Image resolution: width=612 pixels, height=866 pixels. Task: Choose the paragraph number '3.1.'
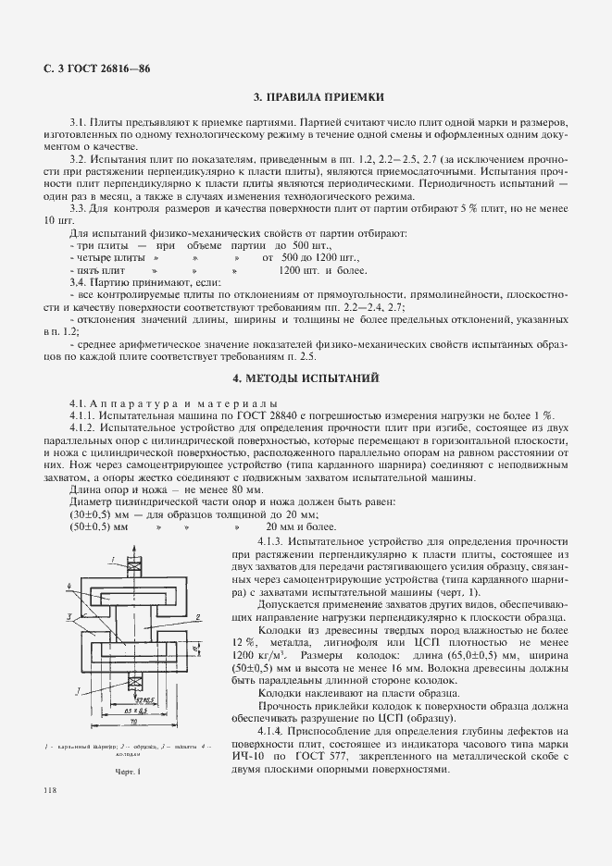tap(79, 122)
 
